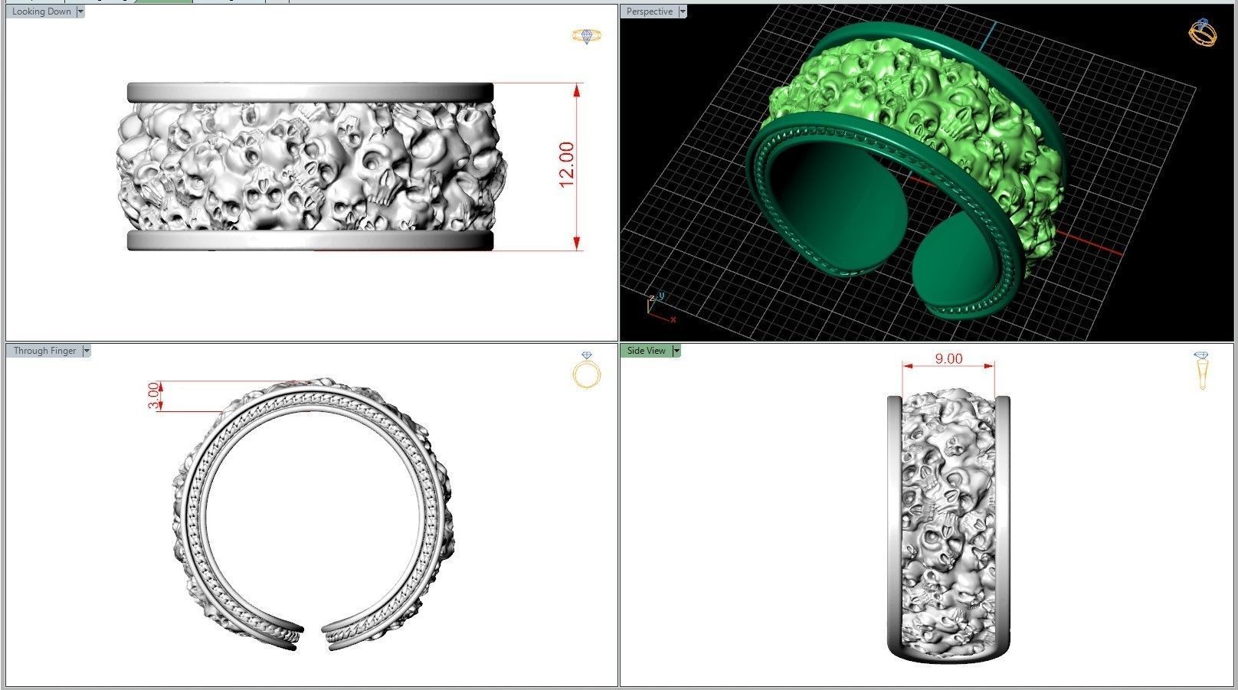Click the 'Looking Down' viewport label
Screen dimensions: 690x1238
[41, 11]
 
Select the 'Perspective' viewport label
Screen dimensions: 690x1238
[649, 11]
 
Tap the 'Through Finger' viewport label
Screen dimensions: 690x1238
[44, 351]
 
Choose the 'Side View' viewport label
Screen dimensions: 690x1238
[646, 351]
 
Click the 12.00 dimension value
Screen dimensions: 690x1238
[566, 165]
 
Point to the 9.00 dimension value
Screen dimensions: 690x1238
[948, 358]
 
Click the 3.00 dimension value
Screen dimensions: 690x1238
[154, 395]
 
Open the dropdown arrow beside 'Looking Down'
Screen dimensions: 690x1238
[80, 11]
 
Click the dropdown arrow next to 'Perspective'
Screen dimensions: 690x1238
[683, 11]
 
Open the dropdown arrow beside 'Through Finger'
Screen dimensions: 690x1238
[87, 351]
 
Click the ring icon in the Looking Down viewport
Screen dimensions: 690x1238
[587, 36]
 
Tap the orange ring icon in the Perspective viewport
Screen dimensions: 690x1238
[1201, 32]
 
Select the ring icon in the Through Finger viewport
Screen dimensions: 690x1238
[587, 372]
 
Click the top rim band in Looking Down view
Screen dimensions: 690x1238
[310, 92]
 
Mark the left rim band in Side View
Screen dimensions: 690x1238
[894, 521]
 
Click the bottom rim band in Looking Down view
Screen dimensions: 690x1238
[310, 241]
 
